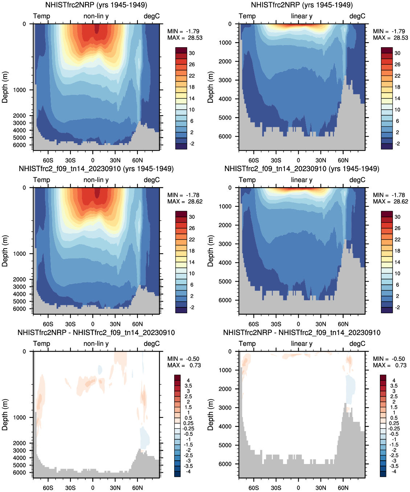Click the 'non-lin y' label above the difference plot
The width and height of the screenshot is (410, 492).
96,344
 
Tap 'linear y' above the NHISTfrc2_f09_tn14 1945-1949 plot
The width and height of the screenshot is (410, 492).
302,180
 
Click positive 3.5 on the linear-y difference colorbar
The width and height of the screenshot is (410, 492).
394,386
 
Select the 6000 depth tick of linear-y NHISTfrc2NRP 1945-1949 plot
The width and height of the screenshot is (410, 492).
225,137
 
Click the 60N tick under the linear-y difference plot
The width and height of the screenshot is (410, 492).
343,488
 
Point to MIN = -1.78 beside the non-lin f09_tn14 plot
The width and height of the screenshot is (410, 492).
183,195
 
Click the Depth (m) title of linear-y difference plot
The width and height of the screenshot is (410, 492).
210,415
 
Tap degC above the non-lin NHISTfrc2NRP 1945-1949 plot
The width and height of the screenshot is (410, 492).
151,16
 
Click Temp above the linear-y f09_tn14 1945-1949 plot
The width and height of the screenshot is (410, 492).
247,180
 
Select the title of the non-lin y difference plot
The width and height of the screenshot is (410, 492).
96,333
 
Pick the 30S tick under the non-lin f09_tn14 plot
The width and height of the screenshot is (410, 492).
70,324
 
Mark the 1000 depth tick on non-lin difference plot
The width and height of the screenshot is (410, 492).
20,418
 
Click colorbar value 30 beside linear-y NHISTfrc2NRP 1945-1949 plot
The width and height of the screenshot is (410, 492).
397,53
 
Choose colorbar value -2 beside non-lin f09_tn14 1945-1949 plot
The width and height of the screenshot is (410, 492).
192,307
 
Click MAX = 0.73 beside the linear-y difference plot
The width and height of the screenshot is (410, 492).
389,365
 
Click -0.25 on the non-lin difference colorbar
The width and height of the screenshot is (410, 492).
188,428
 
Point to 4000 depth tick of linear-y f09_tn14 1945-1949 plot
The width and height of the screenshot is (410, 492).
225,263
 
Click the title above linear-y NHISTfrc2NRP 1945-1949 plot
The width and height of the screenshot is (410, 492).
302,5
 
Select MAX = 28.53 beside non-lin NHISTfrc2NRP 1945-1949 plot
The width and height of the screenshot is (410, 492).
185,38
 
